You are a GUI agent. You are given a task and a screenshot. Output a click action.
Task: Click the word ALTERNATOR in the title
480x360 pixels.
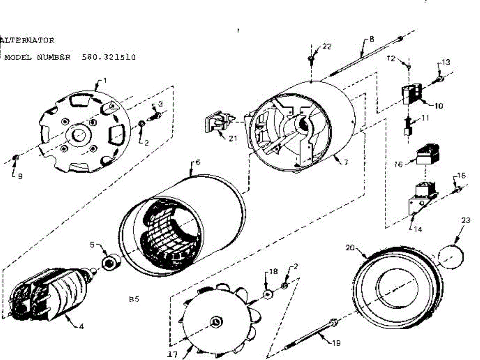point(27,40)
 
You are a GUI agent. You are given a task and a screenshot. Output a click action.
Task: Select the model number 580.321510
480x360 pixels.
point(109,57)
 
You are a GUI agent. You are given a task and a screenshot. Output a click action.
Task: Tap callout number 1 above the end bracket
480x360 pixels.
point(105,81)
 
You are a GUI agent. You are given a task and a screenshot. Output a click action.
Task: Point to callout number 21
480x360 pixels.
point(233,138)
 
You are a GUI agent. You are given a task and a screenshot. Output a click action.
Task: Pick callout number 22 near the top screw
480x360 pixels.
point(327,46)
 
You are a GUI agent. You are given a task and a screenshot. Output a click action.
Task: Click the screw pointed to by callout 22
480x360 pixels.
point(311,59)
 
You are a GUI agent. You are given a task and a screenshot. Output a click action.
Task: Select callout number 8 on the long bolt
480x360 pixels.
point(372,39)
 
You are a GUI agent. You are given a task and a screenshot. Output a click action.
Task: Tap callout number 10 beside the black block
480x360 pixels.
point(438,106)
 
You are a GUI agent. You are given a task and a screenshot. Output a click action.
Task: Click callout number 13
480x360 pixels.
point(446,62)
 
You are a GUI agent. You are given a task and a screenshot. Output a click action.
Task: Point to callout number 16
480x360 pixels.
point(398,164)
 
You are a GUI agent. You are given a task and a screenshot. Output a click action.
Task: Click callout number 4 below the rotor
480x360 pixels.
point(81,327)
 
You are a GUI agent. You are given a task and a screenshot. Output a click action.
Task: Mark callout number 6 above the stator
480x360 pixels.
point(198,162)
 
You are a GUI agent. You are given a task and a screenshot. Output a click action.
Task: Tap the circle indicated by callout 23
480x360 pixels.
point(450,257)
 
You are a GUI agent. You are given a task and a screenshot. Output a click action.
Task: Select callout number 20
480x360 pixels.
point(350,248)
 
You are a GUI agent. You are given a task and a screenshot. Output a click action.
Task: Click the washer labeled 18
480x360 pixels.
point(268,294)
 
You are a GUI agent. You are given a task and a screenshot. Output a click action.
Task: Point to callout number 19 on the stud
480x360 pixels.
point(336,343)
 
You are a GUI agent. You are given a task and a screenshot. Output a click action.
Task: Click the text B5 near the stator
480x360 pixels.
point(134,299)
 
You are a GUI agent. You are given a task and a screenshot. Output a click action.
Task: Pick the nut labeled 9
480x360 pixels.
point(16,157)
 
